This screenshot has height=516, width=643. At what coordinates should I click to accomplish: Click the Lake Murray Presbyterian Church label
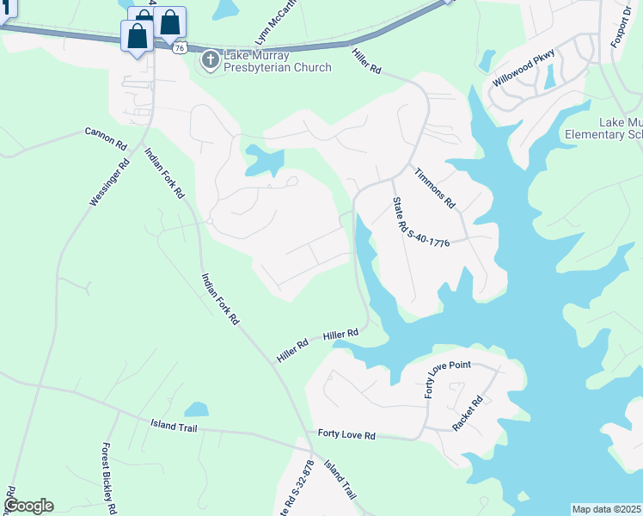(277, 61)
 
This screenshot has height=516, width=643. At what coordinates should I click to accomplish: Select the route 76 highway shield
(179, 48)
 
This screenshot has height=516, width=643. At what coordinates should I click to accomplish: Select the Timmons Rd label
(434, 188)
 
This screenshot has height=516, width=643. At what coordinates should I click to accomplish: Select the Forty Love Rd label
(346, 435)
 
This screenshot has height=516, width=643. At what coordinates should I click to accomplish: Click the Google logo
(28, 505)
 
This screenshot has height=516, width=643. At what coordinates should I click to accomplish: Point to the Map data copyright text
(607, 509)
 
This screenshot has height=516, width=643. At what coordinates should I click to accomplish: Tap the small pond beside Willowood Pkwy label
(487, 61)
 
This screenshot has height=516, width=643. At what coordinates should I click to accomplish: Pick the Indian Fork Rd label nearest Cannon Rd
(164, 173)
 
